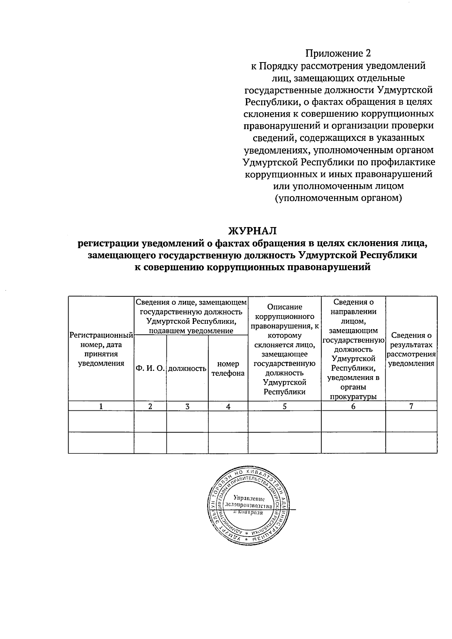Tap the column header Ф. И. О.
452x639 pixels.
[x=150, y=369]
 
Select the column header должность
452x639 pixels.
[x=187, y=369]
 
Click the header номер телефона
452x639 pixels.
[x=228, y=369]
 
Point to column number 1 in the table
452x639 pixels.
[x=101, y=406]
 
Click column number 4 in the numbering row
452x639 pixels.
[x=228, y=406]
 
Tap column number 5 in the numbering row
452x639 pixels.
[x=284, y=406]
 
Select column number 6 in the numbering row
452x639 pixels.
[x=353, y=406]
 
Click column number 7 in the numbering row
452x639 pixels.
[x=411, y=406]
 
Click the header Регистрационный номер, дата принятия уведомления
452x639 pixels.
[x=101, y=349]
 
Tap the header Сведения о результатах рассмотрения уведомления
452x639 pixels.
[x=411, y=349]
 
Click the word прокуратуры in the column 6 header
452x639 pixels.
[x=353, y=396]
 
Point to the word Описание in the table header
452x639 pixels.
[x=284, y=307]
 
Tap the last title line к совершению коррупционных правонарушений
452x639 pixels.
[x=253, y=267]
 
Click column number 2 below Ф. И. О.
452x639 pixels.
[x=150, y=406]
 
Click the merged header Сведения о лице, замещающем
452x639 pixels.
[x=191, y=302]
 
